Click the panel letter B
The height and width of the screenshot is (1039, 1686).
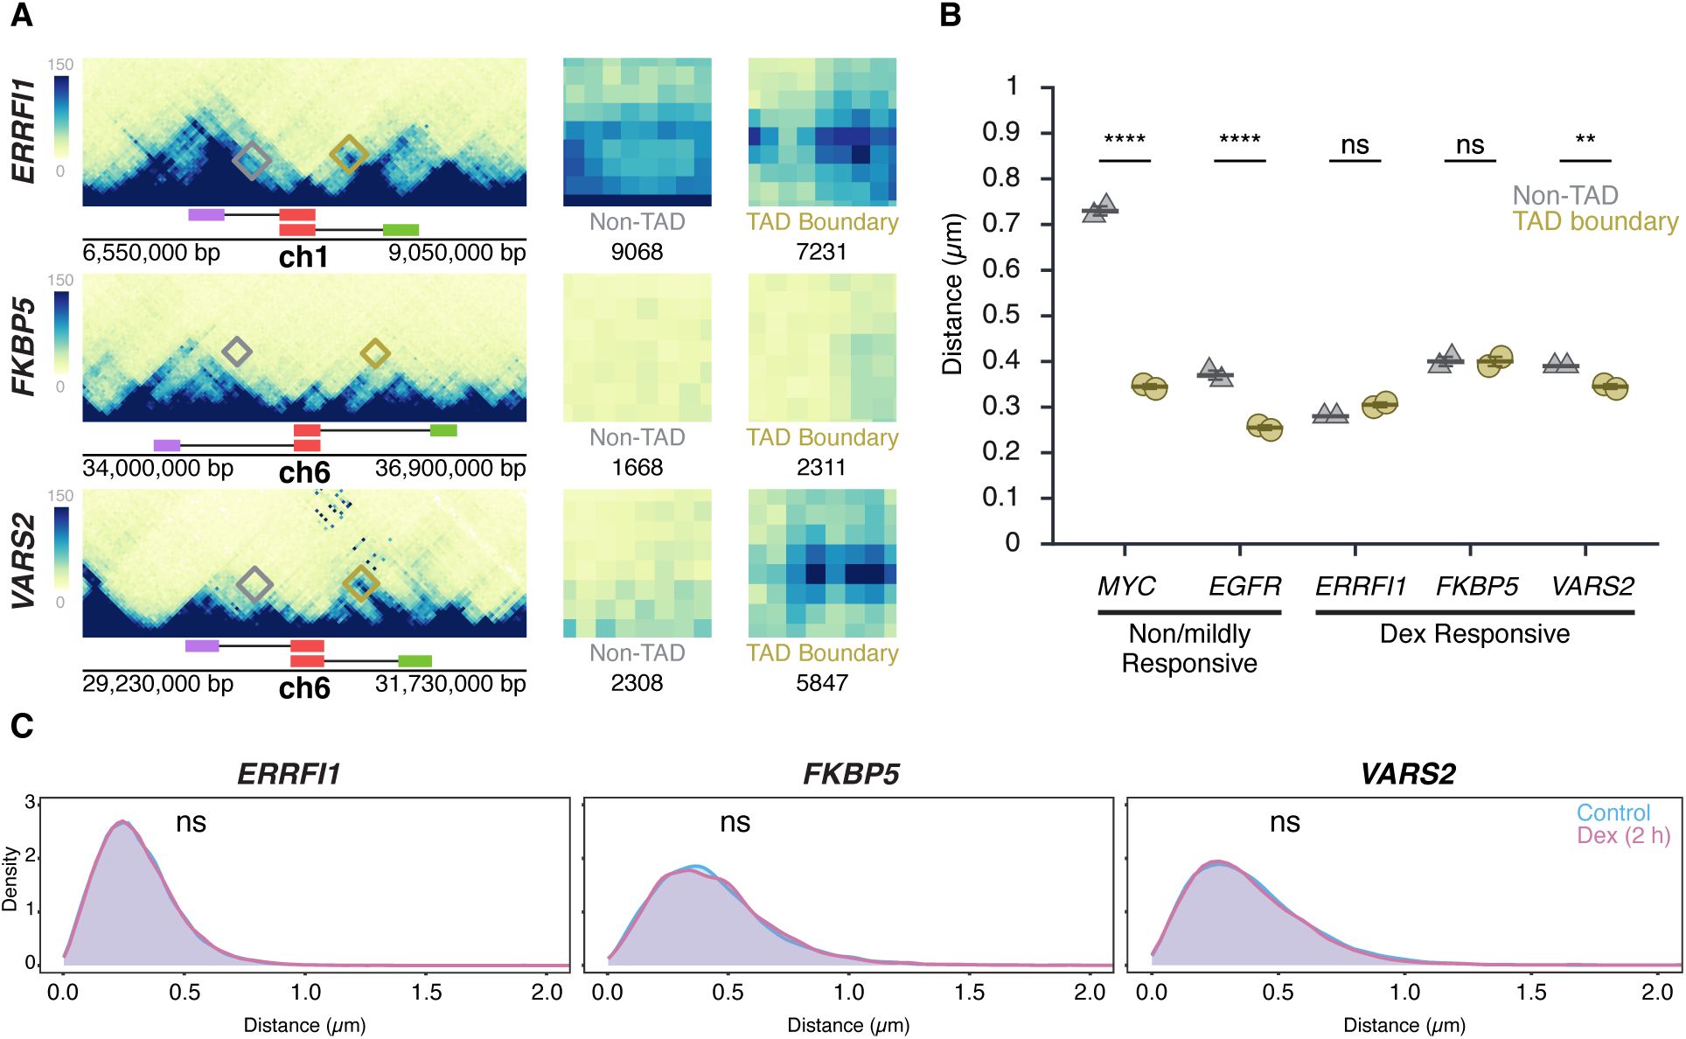click(x=951, y=16)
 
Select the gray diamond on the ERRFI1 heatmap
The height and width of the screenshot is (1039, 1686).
click(x=253, y=160)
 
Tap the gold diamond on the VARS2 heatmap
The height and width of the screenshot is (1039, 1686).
click(x=360, y=583)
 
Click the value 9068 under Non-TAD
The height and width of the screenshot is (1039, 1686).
click(x=637, y=252)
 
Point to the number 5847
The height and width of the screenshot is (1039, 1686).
click(x=821, y=683)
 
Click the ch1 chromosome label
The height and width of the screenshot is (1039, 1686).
click(x=303, y=257)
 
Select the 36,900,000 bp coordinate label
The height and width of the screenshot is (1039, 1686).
click(x=449, y=469)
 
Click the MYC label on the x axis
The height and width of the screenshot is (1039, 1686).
click(x=1126, y=586)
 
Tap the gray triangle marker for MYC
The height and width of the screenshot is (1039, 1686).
click(x=1099, y=209)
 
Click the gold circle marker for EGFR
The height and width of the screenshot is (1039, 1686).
click(x=1264, y=427)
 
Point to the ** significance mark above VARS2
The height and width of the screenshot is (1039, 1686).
click(x=1585, y=140)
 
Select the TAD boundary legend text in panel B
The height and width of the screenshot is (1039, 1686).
click(x=1595, y=222)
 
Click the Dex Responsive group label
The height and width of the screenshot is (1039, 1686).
click(x=1474, y=634)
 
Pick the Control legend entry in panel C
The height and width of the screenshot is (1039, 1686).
click(x=1613, y=812)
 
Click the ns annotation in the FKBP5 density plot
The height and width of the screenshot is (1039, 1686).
click(x=735, y=823)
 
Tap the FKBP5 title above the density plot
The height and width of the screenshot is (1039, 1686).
click(x=851, y=774)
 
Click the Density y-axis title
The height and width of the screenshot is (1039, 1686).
click(x=10, y=879)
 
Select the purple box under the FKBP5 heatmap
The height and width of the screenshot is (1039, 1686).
click(x=166, y=445)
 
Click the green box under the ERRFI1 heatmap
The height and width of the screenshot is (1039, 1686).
click(x=401, y=230)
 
